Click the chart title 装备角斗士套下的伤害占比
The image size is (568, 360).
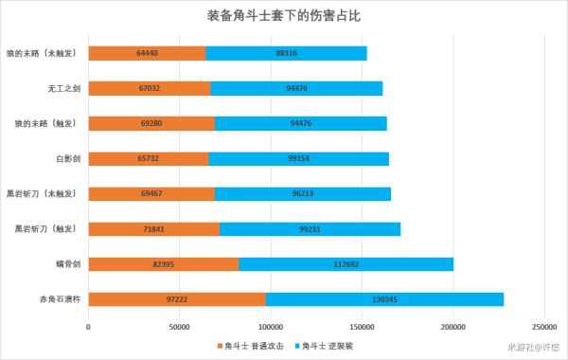point(283,17)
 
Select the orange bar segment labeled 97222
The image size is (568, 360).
point(176,298)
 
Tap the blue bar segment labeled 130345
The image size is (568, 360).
point(384,298)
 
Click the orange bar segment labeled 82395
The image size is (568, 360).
point(163,263)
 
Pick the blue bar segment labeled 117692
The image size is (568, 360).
point(346,263)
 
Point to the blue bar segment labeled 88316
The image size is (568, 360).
point(286,54)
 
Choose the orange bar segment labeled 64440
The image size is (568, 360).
point(147,54)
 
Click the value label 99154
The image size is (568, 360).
point(298,158)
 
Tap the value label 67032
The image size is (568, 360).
point(149,89)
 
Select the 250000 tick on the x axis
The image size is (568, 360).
point(544,328)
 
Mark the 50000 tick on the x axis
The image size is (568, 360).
point(179,328)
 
